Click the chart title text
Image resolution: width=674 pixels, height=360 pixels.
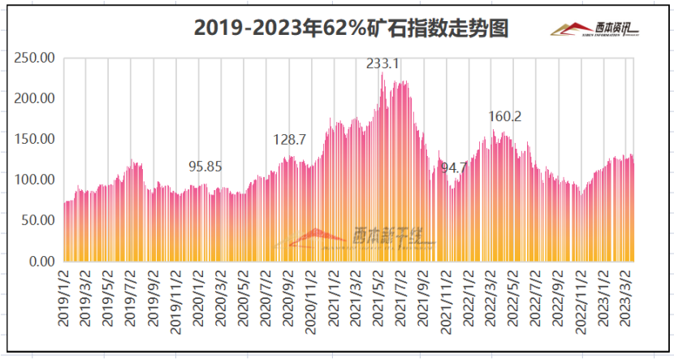coord(351,28)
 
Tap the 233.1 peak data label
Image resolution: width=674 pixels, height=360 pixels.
coord(383,63)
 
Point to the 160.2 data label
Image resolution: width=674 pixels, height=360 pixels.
coord(505,117)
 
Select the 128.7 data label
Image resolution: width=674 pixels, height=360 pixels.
coord(289,140)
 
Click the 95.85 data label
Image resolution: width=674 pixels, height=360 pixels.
coord(205,167)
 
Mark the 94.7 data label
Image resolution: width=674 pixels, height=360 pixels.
coord(454,168)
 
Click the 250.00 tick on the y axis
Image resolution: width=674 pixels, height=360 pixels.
coord(36,58)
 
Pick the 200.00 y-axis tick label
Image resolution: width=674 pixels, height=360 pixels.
coord(36,98)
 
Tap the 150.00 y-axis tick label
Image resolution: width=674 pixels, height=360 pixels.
coord(36,139)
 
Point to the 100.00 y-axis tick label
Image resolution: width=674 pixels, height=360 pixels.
coord(36,180)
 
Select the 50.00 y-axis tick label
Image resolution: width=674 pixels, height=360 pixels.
coord(38,220)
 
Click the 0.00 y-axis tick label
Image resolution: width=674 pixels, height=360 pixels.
coord(41,261)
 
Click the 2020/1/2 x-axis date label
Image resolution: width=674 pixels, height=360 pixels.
coord(197,298)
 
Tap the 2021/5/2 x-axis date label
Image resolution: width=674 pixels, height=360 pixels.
coord(378,298)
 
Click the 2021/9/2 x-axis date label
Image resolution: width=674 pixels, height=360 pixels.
coord(423,298)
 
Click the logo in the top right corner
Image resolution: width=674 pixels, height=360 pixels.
coord(594,29)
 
